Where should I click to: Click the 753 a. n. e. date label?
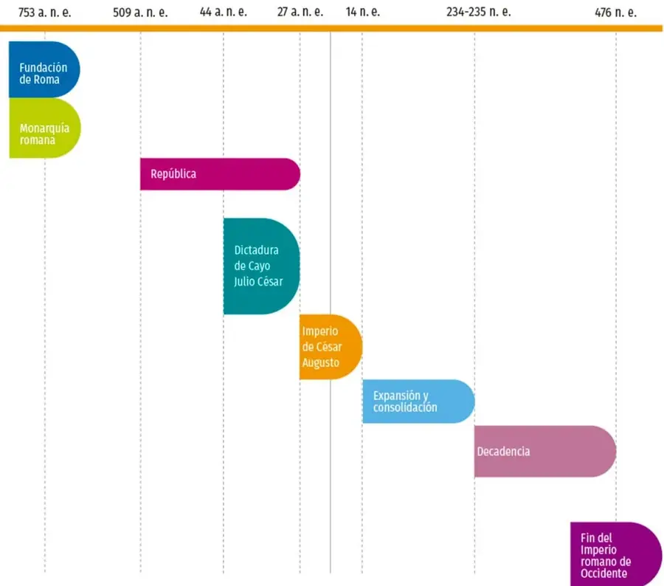tap(44, 13)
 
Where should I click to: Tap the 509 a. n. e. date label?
tap(140, 13)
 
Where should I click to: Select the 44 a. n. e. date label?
tap(223, 12)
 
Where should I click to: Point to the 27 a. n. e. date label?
tap(300, 12)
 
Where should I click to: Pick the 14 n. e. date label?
tap(362, 12)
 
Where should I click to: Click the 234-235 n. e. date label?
tap(479, 12)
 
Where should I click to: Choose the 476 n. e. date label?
tap(615, 13)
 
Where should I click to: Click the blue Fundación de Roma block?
tap(44, 69)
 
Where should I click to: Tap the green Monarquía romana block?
tap(44, 128)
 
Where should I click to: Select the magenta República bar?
tap(220, 174)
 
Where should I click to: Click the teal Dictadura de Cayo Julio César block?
tap(262, 266)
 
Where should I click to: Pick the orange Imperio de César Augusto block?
tap(331, 347)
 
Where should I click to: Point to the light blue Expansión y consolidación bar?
tap(418, 401)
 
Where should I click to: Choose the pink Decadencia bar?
tap(545, 451)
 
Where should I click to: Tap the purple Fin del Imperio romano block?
tap(616, 554)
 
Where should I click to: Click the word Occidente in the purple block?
tap(604, 573)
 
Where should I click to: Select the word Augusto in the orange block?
tap(321, 363)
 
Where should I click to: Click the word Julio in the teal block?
tap(244, 281)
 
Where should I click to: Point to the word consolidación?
tap(405, 407)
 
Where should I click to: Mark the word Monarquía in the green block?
tap(44, 128)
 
